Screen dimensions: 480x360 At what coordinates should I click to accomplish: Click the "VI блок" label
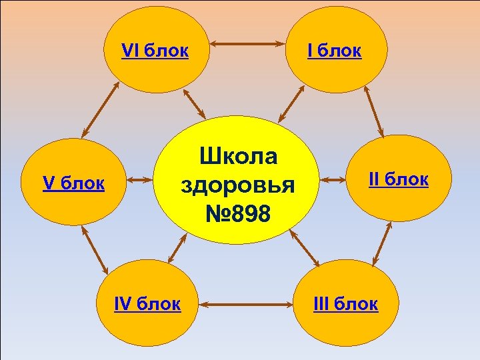(155, 51)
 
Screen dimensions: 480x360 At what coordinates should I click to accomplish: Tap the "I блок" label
(334, 51)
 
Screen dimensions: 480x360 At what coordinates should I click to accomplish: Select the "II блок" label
(399, 179)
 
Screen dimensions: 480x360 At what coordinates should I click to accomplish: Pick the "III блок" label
(346, 304)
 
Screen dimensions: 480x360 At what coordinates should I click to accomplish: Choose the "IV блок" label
(147, 304)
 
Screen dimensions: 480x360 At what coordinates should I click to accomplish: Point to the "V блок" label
(73, 183)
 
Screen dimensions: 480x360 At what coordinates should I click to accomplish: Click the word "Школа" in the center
(238, 157)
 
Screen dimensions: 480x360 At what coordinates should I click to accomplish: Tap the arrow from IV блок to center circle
(175, 249)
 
